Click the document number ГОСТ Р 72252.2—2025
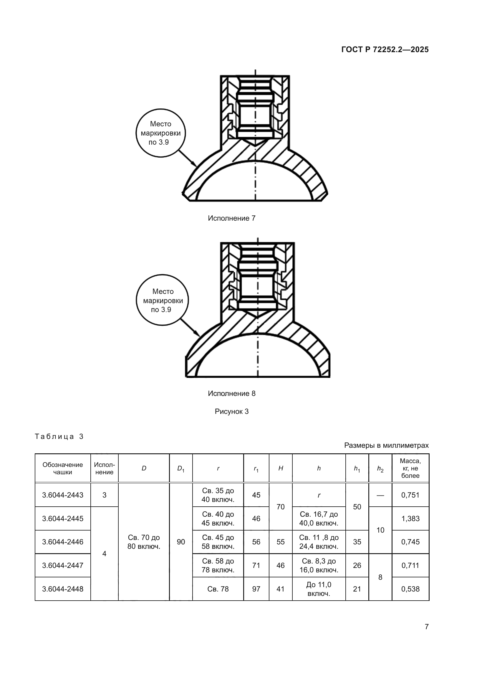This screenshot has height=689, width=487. pyautogui.click(x=385, y=49)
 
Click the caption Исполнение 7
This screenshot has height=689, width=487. pyautogui.click(x=231, y=218)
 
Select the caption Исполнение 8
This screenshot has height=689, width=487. pyautogui.click(x=231, y=394)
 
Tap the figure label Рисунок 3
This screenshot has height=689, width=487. pyautogui.click(x=231, y=412)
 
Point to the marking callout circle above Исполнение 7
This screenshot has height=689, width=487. pyautogui.click(x=160, y=133)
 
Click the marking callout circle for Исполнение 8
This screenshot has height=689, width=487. pyautogui.click(x=162, y=300)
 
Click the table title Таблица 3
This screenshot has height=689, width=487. pyautogui.click(x=59, y=436)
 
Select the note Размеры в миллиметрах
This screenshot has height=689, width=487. pyautogui.click(x=386, y=445)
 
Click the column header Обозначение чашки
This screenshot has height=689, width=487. pyautogui.click(x=63, y=468)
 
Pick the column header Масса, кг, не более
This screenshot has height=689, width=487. pyautogui.click(x=410, y=468)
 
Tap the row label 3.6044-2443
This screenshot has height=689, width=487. pyautogui.click(x=63, y=495)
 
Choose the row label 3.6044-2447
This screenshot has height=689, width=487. pyautogui.click(x=63, y=565)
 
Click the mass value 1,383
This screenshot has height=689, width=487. pyautogui.click(x=410, y=518)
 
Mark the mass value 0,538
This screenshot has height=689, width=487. pyautogui.click(x=410, y=589)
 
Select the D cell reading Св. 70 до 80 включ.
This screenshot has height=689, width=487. pyautogui.click(x=144, y=542)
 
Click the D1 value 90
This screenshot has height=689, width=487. pyautogui.click(x=181, y=542)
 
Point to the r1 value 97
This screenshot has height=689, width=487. pyautogui.click(x=256, y=589)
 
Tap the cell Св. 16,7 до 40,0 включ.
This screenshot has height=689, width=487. pyautogui.click(x=319, y=518)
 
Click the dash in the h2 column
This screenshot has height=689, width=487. pyautogui.click(x=380, y=495)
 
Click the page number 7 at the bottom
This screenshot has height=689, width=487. pyautogui.click(x=427, y=627)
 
